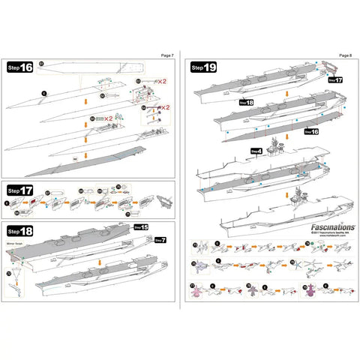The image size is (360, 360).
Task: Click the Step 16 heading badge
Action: coord(19,67)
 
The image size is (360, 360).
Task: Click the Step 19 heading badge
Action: coord(204,67)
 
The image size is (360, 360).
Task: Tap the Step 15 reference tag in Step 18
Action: coord(140,226)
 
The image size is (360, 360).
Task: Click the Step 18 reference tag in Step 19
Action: coord(246,102)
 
